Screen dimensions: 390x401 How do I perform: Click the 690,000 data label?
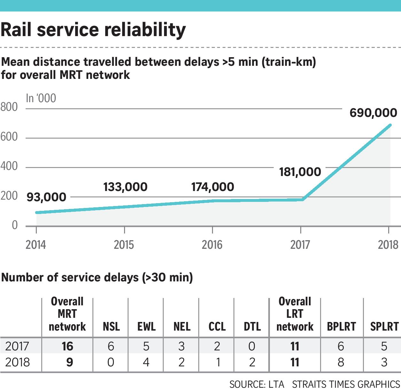(373, 113)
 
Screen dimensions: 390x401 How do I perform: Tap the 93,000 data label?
(46, 197)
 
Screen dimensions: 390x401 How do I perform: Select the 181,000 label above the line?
(300, 172)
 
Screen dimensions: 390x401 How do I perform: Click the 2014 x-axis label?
(36, 245)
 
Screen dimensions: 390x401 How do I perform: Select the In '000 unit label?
(41, 98)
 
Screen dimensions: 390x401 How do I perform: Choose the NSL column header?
(111, 326)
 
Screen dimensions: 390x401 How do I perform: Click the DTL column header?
(252, 326)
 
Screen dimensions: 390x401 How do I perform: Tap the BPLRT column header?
(342, 326)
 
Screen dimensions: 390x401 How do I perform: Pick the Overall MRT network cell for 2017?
(67, 346)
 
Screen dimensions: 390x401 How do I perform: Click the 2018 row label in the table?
(18, 362)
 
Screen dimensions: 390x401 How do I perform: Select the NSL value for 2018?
(111, 362)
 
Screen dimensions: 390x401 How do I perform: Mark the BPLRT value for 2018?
(341, 362)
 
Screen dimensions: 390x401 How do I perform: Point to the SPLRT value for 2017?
(384, 346)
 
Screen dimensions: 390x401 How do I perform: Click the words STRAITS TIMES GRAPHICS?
(346, 384)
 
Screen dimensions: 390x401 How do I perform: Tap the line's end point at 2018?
(390, 125)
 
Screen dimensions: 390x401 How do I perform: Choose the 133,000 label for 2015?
(125, 187)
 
